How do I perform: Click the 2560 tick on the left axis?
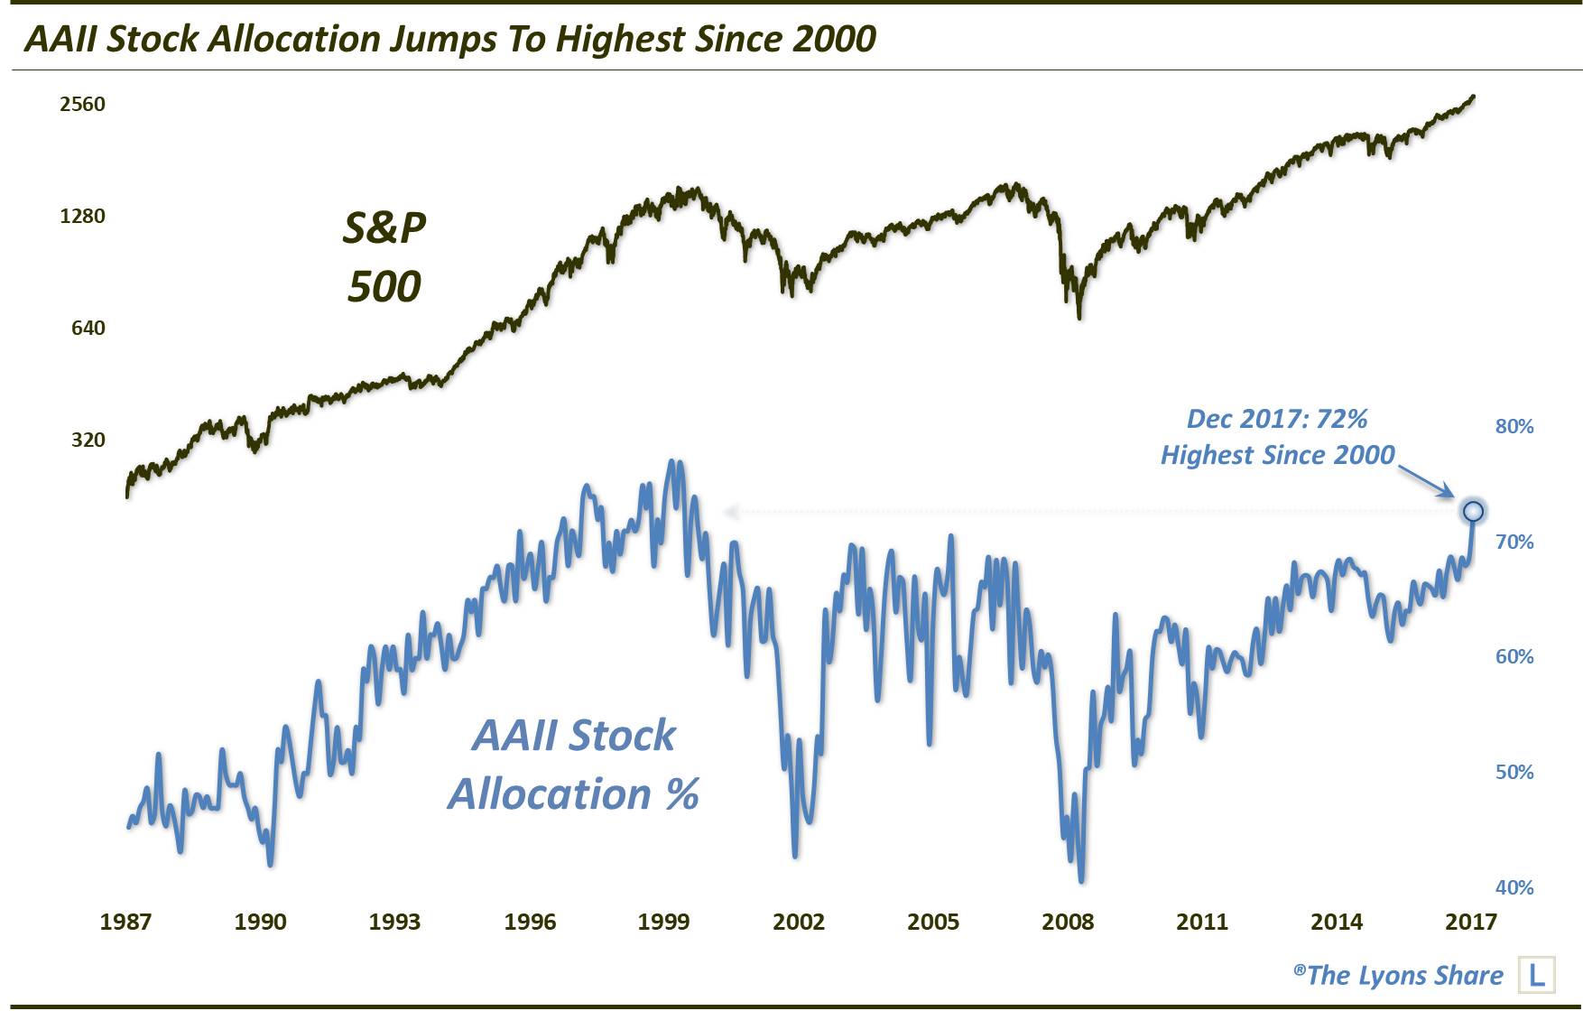pyautogui.click(x=82, y=104)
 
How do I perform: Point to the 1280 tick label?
pyautogui.click(x=82, y=216)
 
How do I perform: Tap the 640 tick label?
pyautogui.click(x=88, y=328)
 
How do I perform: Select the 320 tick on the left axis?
pyautogui.click(x=88, y=440)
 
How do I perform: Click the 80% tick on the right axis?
pyautogui.click(x=1514, y=426)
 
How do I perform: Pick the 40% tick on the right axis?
pyautogui.click(x=1514, y=887)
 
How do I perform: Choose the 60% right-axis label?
pyautogui.click(x=1514, y=656)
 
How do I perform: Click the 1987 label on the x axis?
pyautogui.click(x=125, y=922)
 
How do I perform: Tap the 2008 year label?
pyautogui.click(x=1067, y=922)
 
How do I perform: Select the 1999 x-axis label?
pyautogui.click(x=663, y=922)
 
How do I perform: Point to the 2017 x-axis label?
pyautogui.click(x=1470, y=922)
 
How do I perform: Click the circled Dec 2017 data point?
pyautogui.click(x=1473, y=511)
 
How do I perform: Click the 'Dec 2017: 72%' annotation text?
pyautogui.click(x=1276, y=419)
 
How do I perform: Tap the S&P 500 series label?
pyautogui.click(x=384, y=256)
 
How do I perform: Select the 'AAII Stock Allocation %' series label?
pyautogui.click(x=573, y=765)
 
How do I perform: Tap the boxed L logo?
pyautogui.click(x=1536, y=975)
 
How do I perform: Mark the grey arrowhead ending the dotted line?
pyautogui.click(x=731, y=512)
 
